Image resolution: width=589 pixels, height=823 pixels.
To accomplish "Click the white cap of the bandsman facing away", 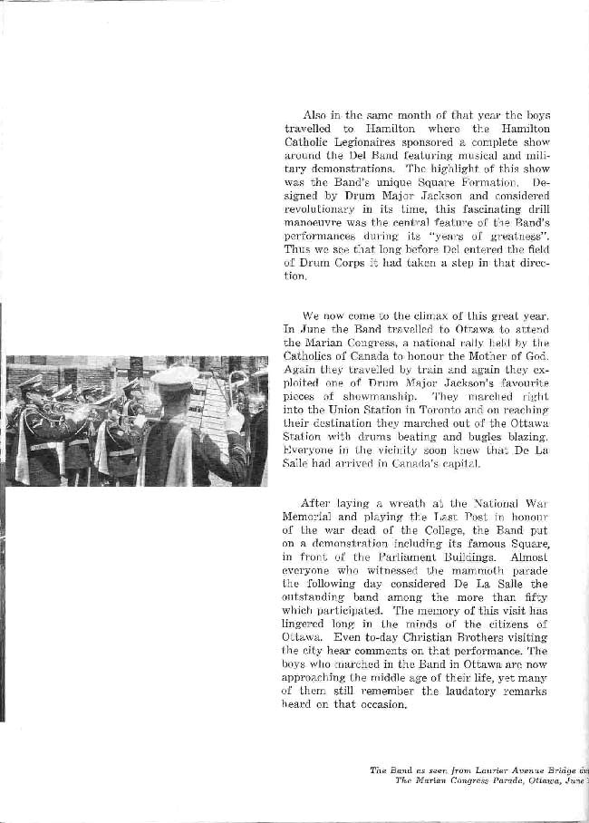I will [176, 374].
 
